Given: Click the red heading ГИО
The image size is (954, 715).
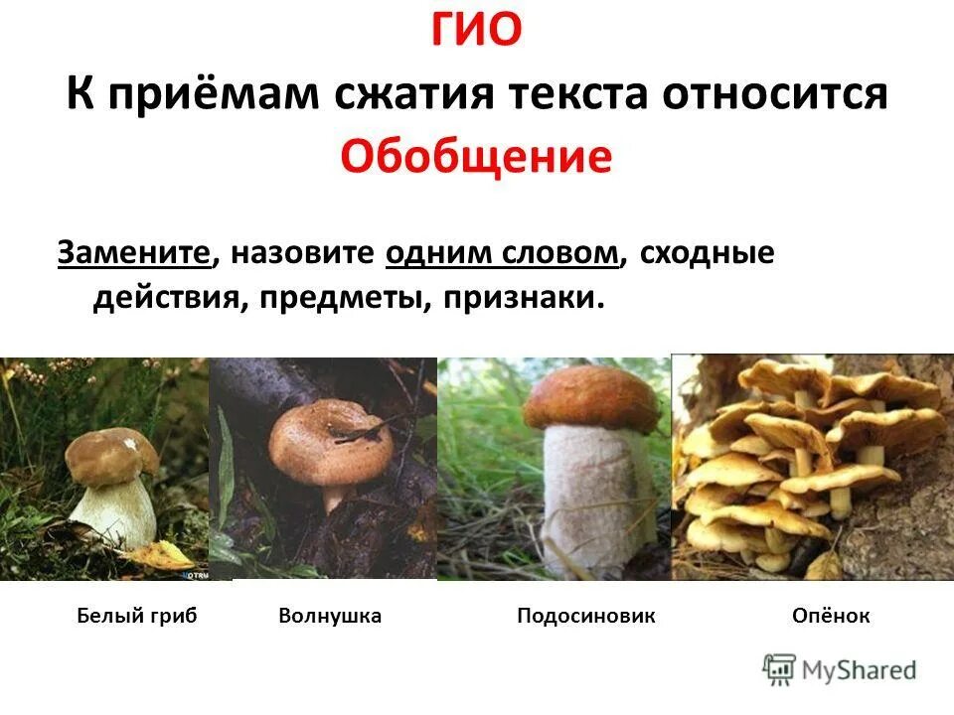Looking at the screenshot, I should point(476,32).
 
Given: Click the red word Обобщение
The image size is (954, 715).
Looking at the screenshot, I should point(476,156).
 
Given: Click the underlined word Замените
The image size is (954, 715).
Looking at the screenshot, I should point(135,254).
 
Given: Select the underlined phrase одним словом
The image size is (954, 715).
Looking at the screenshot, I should point(503,254).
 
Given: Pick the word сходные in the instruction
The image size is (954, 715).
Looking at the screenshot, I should point(707,254).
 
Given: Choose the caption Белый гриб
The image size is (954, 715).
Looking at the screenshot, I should point(137,616).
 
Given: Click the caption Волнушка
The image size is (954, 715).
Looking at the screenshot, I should point(330,616).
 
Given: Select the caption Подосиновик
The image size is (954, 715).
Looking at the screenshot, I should point(586,616).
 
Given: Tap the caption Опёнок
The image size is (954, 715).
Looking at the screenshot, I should point(831,616).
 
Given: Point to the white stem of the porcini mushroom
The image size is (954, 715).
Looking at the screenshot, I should point(116,511).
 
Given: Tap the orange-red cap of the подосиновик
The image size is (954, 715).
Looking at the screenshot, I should point(590,397).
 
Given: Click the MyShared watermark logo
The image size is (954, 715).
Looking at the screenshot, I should point(840,669).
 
